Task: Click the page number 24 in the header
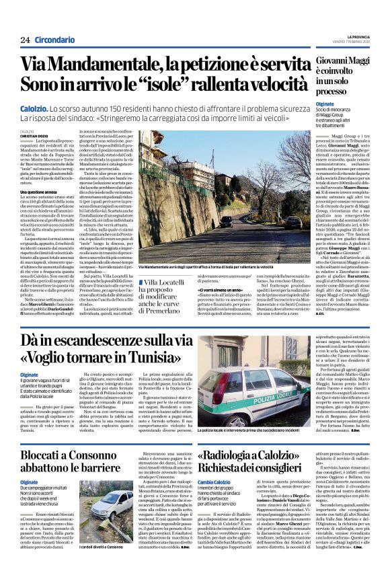click(26, 40)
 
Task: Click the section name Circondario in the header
click(54, 40)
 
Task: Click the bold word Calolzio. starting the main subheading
click(38, 108)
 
